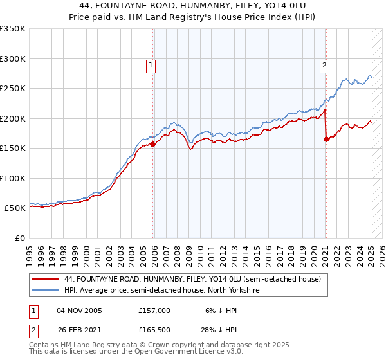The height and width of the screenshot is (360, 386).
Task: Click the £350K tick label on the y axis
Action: (13, 29)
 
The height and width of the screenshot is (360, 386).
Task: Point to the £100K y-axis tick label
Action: (13, 178)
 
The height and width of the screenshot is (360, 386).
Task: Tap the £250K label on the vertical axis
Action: (13, 89)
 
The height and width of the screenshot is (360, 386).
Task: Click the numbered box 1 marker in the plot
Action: (150, 64)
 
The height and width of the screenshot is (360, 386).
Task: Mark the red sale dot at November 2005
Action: (153, 145)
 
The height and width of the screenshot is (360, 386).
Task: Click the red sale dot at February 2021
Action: (326, 139)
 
